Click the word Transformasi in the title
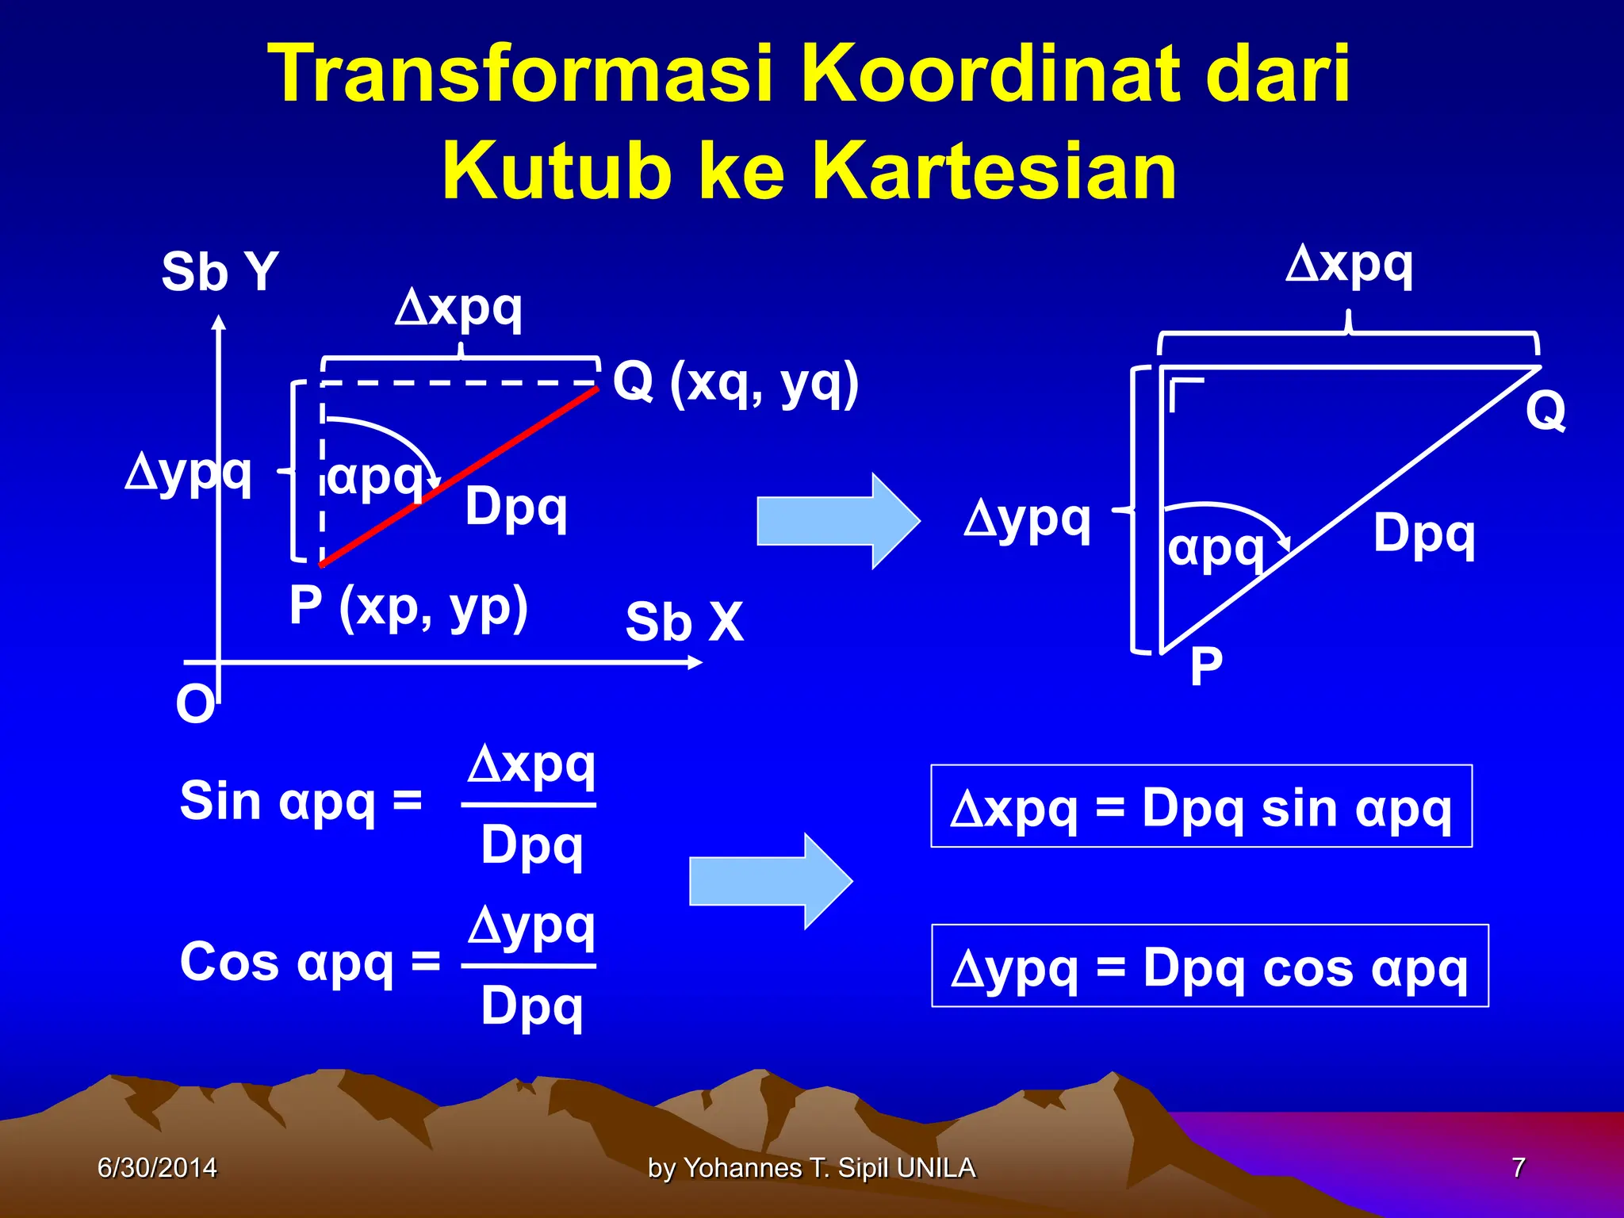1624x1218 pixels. coord(520,75)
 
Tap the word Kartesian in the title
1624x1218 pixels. coord(994,171)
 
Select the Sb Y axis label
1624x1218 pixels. coord(220,272)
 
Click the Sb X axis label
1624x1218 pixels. coord(684,622)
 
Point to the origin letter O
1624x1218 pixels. coord(195,704)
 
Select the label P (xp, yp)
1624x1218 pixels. coord(408,607)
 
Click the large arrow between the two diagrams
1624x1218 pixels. coord(837,521)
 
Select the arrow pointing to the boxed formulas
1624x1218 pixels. coord(770,881)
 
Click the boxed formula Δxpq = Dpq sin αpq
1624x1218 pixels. coord(1201,807)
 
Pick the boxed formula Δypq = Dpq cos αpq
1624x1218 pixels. coord(1209,967)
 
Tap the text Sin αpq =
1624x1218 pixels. coord(301,801)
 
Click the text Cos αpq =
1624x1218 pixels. coord(310,962)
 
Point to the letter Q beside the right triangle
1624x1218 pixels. coord(1545,411)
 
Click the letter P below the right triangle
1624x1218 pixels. coord(1205,667)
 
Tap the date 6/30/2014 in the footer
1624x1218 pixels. coord(156,1168)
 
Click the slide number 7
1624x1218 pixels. coord(1518,1168)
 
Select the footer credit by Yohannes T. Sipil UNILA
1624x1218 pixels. coord(811,1168)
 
